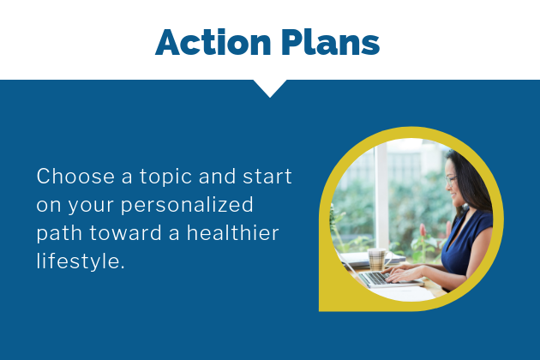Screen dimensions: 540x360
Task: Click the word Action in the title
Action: (x=213, y=42)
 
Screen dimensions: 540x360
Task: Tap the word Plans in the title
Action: (x=330, y=42)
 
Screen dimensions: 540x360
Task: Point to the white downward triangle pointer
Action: (x=270, y=87)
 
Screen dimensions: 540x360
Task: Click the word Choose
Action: (x=75, y=176)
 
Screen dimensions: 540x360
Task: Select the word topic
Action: (x=165, y=177)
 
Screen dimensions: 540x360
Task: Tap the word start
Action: (x=267, y=177)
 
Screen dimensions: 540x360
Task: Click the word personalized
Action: (x=187, y=206)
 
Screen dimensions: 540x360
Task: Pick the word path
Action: (x=59, y=233)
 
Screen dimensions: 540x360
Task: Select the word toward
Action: (x=125, y=232)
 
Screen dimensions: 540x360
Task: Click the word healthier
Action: (x=233, y=232)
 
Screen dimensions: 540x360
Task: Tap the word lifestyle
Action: (x=81, y=261)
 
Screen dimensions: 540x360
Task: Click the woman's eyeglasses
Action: (x=451, y=180)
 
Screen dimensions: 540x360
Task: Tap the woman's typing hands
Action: (x=403, y=273)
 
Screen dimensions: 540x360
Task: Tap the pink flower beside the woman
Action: (x=423, y=230)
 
